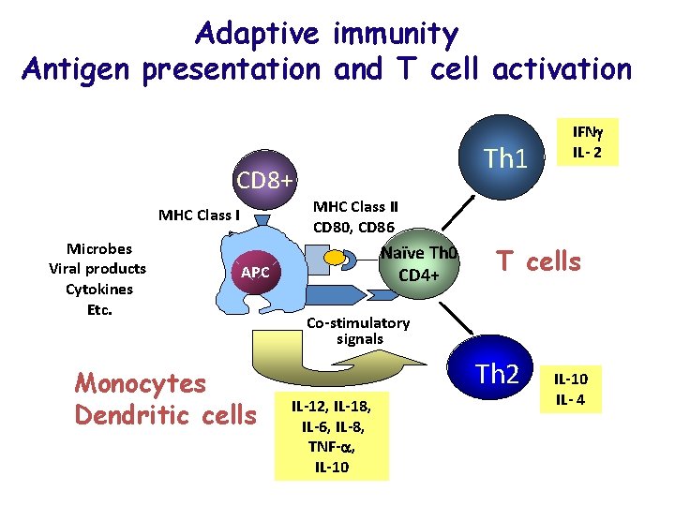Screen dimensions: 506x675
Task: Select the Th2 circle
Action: tap(497, 375)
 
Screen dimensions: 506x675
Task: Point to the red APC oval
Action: tap(256, 273)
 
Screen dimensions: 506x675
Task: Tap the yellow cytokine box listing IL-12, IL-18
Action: tap(332, 434)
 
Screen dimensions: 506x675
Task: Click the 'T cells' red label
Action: tap(538, 261)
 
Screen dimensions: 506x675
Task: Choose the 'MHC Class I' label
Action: tap(199, 215)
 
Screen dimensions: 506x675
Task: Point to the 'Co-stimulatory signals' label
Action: tap(359, 331)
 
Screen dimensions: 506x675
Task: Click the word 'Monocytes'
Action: tap(140, 383)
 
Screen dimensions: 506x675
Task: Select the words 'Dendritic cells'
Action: tap(164, 414)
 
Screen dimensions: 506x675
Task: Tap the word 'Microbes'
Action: tap(98, 248)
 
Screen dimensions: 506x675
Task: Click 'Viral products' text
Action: tap(97, 269)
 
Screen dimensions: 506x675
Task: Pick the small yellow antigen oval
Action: tap(334, 256)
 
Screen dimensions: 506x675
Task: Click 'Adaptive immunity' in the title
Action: tap(326, 35)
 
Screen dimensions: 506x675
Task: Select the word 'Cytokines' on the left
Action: tap(98, 289)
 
